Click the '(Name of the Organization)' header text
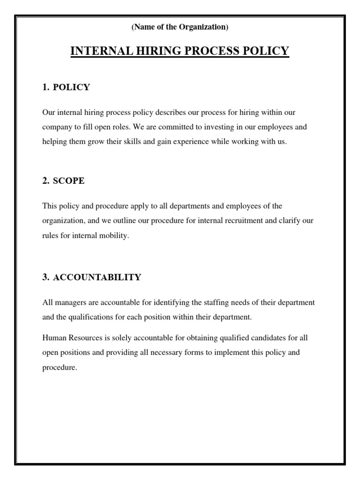[x=180, y=28]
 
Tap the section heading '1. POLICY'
[x=66, y=87]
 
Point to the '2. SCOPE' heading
[x=63, y=181]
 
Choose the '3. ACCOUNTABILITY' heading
[x=91, y=277]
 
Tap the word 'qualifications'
[x=90, y=317]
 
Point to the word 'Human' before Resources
[x=53, y=337]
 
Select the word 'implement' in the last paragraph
[x=216, y=352]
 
